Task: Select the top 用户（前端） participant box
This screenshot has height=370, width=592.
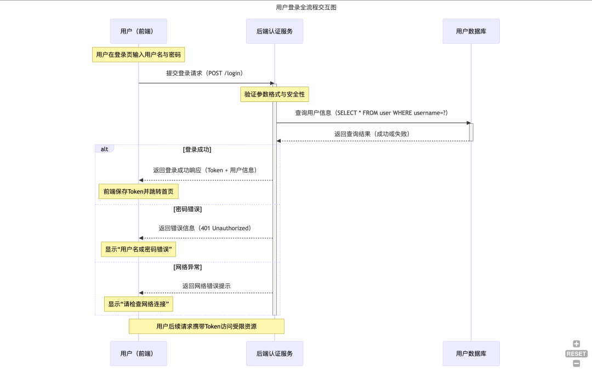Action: [x=138, y=31]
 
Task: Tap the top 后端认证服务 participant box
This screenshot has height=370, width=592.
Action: [x=275, y=31]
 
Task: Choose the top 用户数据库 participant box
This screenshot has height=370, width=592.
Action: [x=471, y=31]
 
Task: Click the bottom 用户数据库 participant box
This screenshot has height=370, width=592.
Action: [x=471, y=354]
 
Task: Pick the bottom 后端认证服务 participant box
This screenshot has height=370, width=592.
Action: [x=275, y=354]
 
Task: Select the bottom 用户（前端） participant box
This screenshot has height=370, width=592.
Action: [x=138, y=354]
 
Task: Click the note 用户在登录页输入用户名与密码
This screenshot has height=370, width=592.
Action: [x=138, y=54]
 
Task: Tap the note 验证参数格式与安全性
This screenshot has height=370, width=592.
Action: [x=275, y=95]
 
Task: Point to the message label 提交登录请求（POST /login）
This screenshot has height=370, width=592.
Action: [x=204, y=73]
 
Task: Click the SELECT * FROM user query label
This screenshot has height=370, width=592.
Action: [x=372, y=113]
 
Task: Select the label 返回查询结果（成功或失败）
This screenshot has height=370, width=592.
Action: [x=372, y=134]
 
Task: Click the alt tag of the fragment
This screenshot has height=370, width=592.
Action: [x=104, y=149]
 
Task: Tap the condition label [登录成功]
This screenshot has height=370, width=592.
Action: [x=197, y=149]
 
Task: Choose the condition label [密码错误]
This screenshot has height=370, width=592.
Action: [x=187, y=209]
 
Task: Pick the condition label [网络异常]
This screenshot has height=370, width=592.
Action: [x=187, y=267]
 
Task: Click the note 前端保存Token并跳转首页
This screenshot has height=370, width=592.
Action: [x=139, y=191]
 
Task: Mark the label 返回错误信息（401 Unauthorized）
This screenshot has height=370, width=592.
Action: [x=204, y=228]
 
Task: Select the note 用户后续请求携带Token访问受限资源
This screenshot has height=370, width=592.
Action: [x=207, y=327]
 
